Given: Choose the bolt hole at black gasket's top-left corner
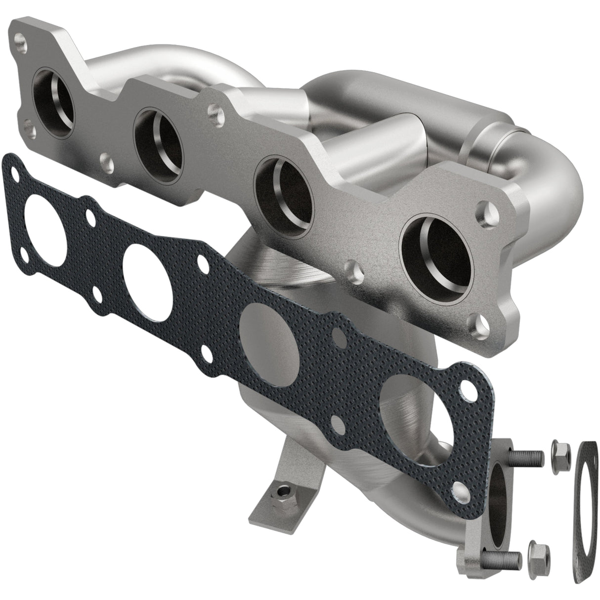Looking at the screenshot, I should (17, 173).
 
